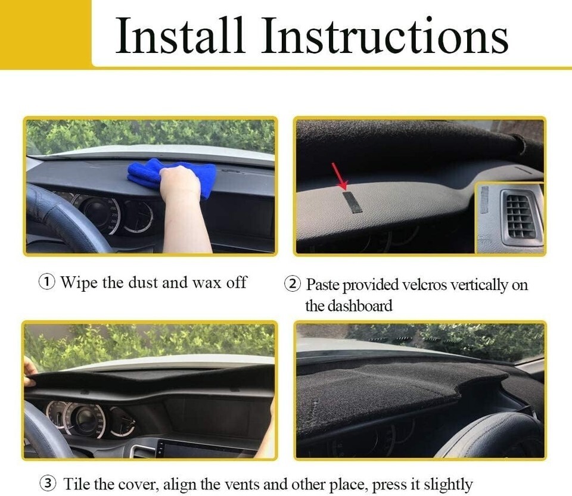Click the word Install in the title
(x=179, y=35)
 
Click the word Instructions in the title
(x=386, y=35)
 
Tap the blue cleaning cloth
(x=172, y=176)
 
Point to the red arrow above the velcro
(x=339, y=176)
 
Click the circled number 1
(x=47, y=282)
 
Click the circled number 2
(x=293, y=284)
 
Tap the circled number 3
(x=48, y=483)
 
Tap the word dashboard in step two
(x=360, y=305)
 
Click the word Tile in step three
(x=77, y=484)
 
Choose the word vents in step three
(x=241, y=485)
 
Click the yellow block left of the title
(x=45, y=35)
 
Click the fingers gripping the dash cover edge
(x=29, y=371)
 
